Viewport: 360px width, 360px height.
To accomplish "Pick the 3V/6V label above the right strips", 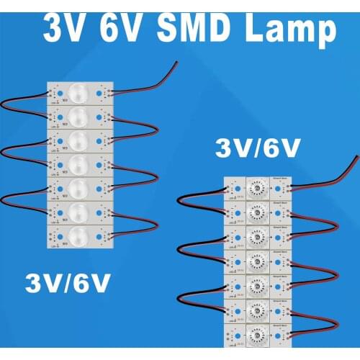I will tap(257, 149).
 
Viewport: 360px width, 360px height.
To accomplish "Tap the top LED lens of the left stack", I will tap(79, 93).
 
